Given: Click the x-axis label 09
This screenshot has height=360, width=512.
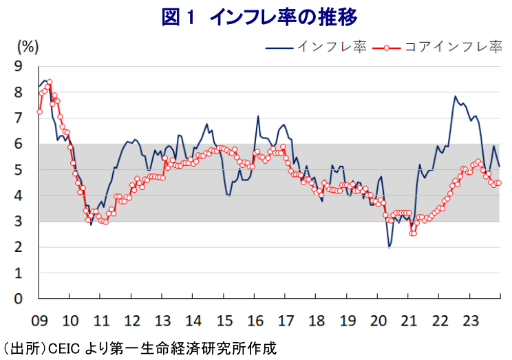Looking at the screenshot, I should tap(39, 321).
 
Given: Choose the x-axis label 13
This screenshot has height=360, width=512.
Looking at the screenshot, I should tap(162, 321).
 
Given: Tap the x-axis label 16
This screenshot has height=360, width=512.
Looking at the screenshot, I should tap(255, 321).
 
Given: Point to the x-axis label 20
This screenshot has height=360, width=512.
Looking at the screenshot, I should tap(378, 321).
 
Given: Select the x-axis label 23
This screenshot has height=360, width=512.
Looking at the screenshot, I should tap(470, 321).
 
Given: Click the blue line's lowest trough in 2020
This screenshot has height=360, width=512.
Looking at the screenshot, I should tap(390, 247).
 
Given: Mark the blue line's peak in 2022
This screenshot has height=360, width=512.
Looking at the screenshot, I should tap(455, 96).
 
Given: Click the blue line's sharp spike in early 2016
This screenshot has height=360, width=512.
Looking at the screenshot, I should tap(258, 116).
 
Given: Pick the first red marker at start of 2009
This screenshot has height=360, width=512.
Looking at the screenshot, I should tap(39, 112).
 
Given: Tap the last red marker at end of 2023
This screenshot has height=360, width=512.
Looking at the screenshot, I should tap(499, 182).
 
